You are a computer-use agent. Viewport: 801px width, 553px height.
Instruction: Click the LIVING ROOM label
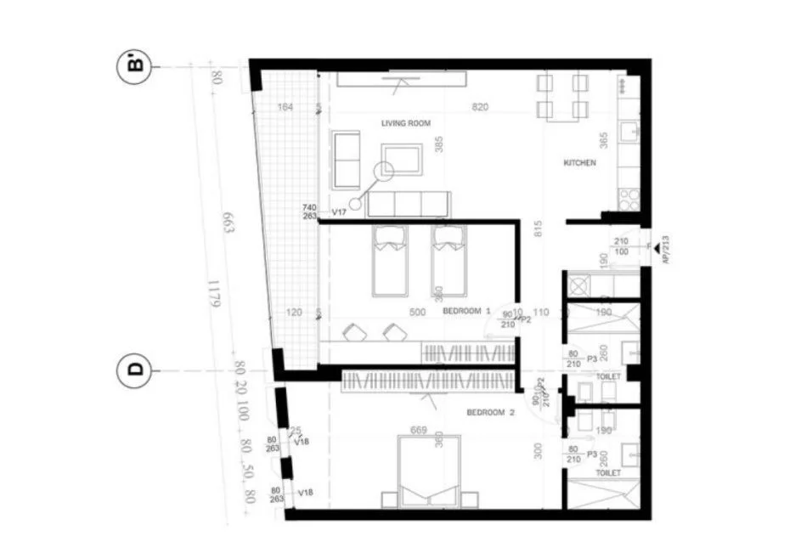tap(407, 123)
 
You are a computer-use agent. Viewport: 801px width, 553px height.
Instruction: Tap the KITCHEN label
tap(580, 162)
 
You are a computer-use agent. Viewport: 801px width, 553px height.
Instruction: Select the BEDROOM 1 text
tap(466, 312)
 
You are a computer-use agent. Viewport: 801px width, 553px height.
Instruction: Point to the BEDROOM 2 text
tap(491, 413)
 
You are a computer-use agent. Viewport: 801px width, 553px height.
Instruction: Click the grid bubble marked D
tap(133, 370)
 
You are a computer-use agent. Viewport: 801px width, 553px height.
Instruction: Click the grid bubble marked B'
tap(133, 66)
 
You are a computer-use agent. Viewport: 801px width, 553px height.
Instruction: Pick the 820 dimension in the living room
tap(480, 107)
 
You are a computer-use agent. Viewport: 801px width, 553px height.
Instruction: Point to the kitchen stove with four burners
tap(629, 200)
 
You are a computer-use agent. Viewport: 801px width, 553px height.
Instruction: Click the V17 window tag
tap(339, 211)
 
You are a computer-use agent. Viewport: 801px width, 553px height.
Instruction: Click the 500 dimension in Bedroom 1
tap(417, 312)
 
